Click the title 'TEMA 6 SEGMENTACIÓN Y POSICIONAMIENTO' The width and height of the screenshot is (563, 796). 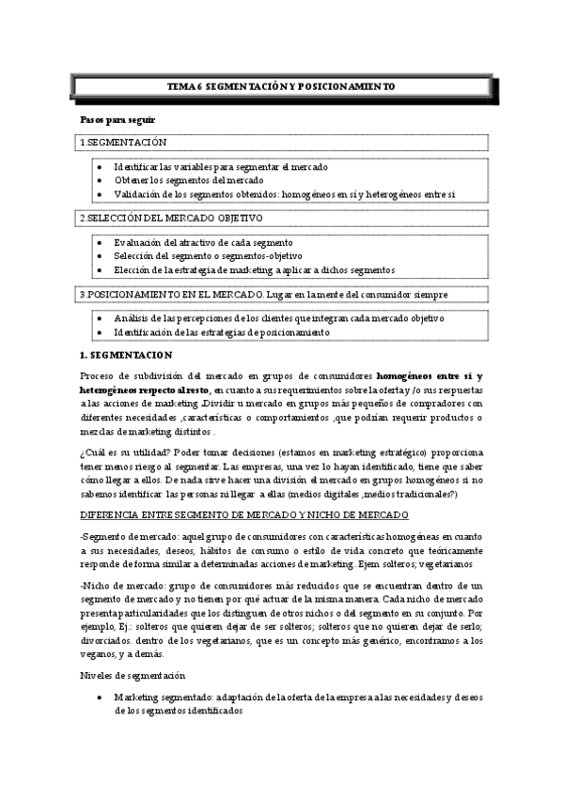point(281,86)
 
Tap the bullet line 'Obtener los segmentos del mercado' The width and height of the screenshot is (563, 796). point(189,180)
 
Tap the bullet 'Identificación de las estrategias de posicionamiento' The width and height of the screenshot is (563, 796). point(221,332)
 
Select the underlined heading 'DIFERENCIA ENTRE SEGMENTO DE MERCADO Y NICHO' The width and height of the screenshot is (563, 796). point(244,515)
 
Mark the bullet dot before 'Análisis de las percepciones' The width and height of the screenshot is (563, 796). point(100,318)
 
